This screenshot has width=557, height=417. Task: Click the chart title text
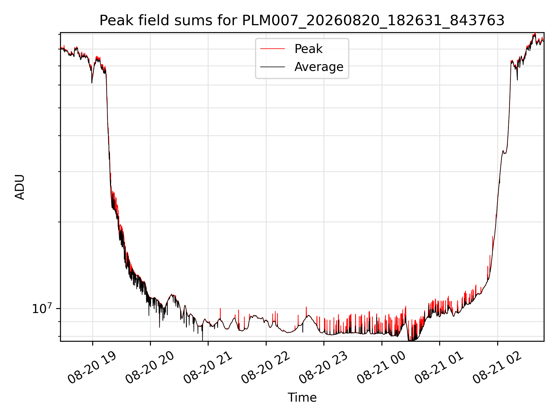(x=302, y=21)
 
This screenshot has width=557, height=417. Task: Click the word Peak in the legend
(x=308, y=49)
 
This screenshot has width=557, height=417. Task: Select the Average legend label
(x=319, y=67)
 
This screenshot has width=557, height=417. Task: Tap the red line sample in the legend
(x=272, y=49)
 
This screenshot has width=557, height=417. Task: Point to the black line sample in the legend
(x=272, y=67)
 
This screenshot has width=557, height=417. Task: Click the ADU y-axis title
(x=20, y=187)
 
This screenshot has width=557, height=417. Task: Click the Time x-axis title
(x=302, y=398)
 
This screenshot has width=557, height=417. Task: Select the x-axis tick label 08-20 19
(x=92, y=368)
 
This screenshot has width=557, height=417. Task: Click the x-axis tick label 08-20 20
(x=150, y=368)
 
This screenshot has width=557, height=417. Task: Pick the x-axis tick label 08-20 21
(x=208, y=368)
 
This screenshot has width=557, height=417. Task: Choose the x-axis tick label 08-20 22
(x=265, y=368)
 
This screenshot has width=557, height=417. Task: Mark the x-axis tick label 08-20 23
(x=323, y=368)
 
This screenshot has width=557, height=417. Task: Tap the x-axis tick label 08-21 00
(x=381, y=368)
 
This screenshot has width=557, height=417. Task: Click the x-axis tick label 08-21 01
(x=439, y=368)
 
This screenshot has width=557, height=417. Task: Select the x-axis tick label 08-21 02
(x=497, y=368)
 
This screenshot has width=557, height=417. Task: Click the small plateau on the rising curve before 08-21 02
(x=504, y=152)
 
